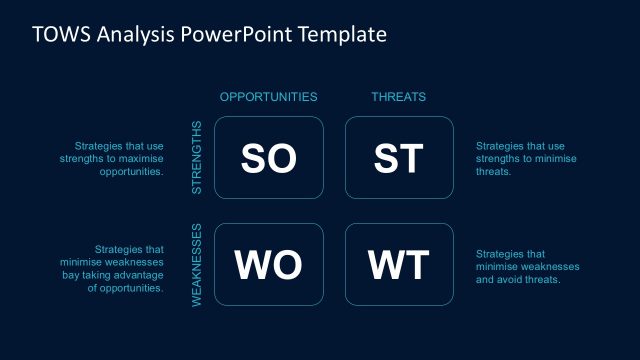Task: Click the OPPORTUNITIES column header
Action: (268, 97)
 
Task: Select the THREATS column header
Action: (399, 97)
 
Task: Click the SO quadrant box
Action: (269, 158)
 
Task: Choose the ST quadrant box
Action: (399, 158)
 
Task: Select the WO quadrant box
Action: (269, 265)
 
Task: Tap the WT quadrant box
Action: (399, 265)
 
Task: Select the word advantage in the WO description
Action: (139, 275)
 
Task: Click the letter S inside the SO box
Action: (254, 158)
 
